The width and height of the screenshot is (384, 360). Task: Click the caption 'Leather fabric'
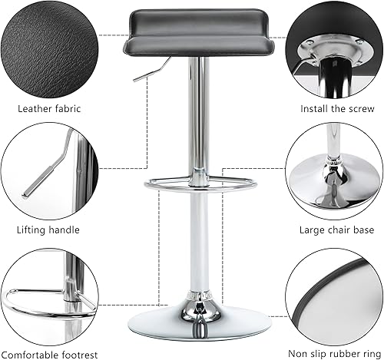point(48,108)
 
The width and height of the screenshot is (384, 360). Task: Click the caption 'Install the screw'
point(332,108)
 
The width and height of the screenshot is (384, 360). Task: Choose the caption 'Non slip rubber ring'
point(333,352)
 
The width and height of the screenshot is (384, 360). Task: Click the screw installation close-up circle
point(333,50)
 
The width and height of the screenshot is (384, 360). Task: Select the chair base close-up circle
point(333,170)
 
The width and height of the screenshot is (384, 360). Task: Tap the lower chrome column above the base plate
point(199,246)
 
